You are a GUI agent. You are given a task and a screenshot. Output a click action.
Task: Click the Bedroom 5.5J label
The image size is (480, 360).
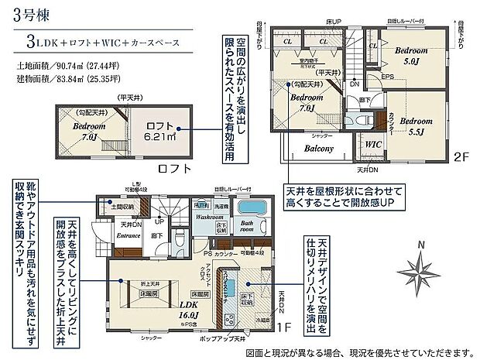416,126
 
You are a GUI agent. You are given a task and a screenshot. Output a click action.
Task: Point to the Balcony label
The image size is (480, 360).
318,148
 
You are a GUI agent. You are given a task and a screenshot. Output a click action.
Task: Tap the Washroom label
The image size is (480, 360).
210,218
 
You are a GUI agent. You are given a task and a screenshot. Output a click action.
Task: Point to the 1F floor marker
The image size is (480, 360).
283,328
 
